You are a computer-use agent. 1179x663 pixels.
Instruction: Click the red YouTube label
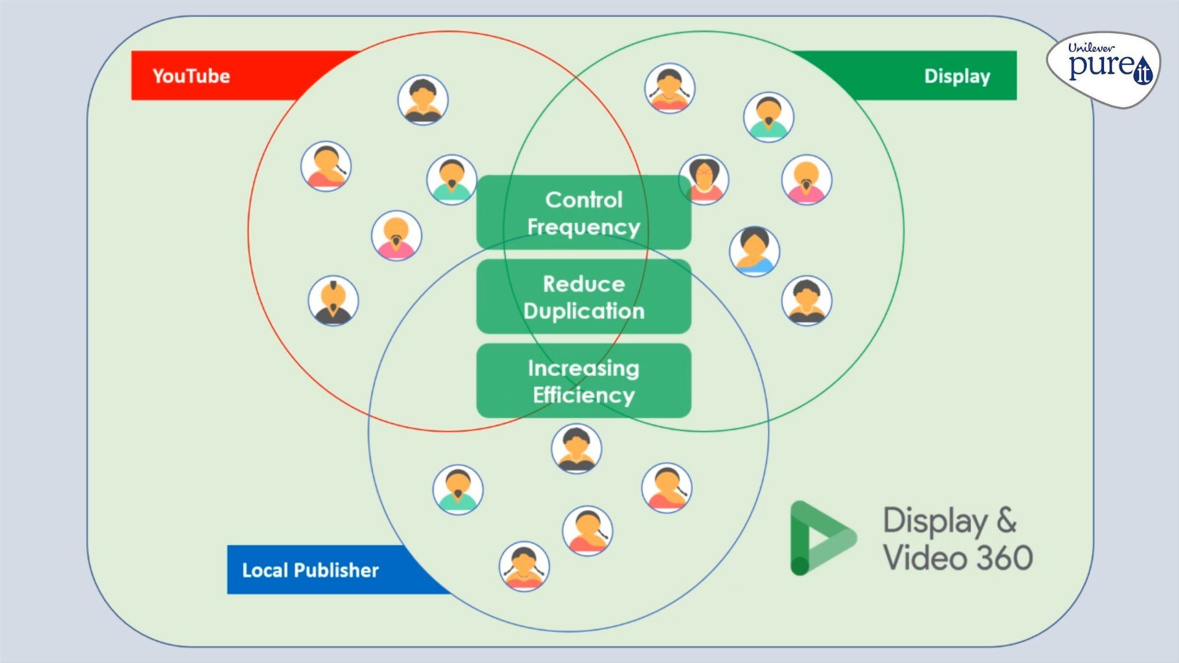point(192,76)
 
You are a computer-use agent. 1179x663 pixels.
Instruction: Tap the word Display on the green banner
point(957,76)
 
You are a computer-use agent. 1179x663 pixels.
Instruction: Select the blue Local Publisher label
point(310,570)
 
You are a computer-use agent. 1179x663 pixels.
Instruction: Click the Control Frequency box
point(583,212)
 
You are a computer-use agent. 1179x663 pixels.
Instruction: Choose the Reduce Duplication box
point(583,297)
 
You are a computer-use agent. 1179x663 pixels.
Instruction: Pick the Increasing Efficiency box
point(583,381)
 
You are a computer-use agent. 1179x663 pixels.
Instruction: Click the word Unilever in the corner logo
point(1091,47)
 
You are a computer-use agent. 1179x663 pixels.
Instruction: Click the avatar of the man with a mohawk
point(333,301)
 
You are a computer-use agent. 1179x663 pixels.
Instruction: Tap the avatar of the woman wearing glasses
point(704,179)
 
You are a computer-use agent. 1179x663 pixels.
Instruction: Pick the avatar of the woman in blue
point(755,252)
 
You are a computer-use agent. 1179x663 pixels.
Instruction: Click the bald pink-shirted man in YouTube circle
point(397,236)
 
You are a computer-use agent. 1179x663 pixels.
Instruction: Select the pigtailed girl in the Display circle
point(670,88)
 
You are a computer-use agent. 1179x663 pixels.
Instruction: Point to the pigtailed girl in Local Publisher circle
point(524,566)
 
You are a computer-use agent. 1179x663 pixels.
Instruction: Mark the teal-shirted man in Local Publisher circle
point(458,489)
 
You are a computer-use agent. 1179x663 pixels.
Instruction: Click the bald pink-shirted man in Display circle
point(807,179)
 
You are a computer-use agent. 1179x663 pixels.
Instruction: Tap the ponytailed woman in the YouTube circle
point(326,166)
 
